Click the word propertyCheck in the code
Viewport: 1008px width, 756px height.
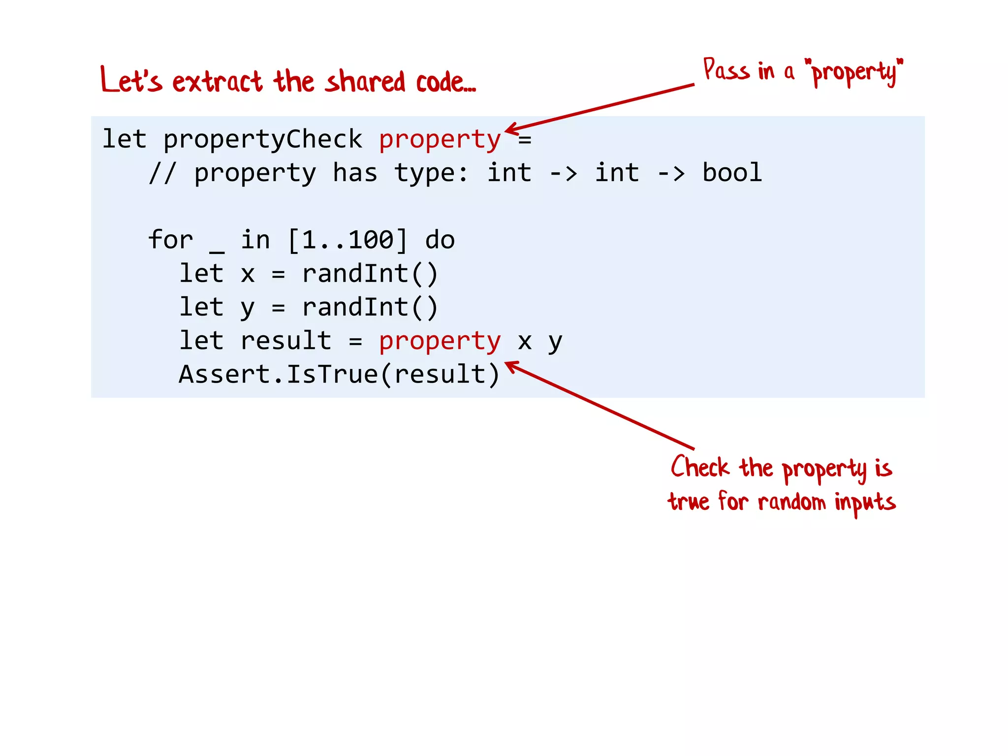tap(262, 139)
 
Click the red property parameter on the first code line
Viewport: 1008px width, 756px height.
tap(440, 139)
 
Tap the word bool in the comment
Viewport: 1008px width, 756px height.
tap(732, 173)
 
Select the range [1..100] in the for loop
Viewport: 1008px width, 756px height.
tap(347, 240)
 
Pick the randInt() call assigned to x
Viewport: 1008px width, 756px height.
tap(370, 274)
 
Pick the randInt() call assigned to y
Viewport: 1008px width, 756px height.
tap(370, 307)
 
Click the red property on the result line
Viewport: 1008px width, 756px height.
tap(440, 341)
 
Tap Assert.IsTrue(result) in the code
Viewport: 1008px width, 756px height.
tap(339, 374)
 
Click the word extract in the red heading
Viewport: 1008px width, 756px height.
tap(217, 82)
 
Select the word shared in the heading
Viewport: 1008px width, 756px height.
tap(365, 82)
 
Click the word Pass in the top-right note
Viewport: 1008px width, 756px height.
tap(726, 70)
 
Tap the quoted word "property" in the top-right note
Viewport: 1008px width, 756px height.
tap(853, 72)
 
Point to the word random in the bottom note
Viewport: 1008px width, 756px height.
tap(791, 502)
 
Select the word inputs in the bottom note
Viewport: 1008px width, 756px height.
tap(865, 502)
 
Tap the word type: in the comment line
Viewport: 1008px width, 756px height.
tap(431, 173)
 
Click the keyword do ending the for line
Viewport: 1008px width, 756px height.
tap(440, 240)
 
